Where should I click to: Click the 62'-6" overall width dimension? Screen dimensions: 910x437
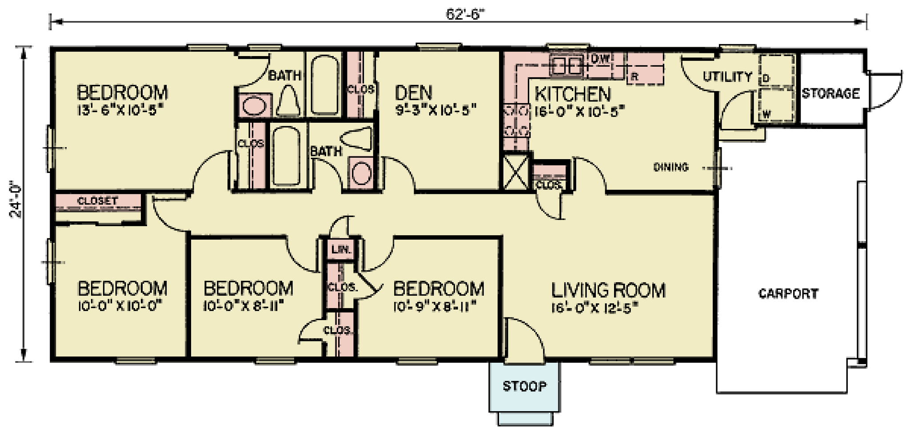pos(464,14)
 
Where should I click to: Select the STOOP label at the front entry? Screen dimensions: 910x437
pos(524,386)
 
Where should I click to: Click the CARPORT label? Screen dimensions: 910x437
pos(788,293)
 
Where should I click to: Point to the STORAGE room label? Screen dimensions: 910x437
pos(830,93)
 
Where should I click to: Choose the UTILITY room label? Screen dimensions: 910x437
pos(727,77)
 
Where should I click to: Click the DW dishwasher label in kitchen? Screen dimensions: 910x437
pos(600,58)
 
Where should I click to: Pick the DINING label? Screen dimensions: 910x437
pos(671,167)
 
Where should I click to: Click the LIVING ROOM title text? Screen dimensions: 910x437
pos(608,290)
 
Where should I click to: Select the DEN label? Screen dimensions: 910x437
pos(413,93)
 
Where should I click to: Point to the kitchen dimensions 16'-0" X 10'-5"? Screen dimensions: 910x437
pos(579,110)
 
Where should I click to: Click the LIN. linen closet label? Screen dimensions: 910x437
pos(341,249)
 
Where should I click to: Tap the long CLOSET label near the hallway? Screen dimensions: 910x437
pos(97,201)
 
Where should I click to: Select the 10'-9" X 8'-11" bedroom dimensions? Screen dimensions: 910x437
pos(435,306)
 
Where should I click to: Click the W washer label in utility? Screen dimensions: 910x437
pos(766,114)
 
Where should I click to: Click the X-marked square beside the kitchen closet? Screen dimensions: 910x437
pos(516,172)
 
